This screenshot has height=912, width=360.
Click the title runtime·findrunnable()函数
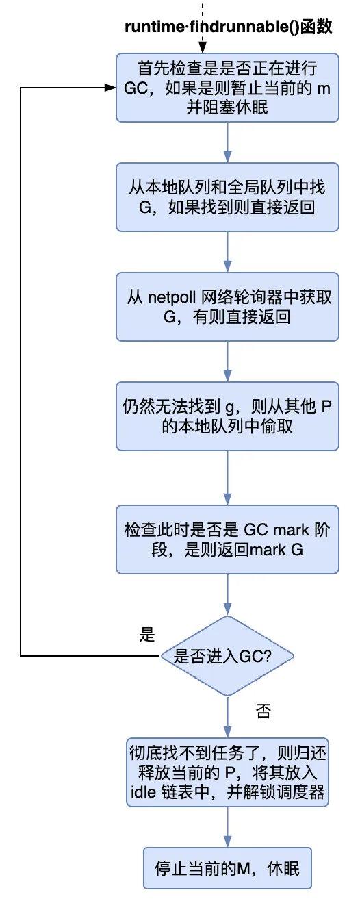227,27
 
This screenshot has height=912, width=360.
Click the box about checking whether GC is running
227,88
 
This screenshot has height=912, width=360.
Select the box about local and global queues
227,197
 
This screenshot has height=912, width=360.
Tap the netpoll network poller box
227,306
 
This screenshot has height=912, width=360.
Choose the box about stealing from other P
227,416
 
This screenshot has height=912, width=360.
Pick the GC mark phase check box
227,540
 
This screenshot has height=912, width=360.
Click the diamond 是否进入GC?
227,655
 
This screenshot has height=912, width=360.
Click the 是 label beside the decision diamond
147,634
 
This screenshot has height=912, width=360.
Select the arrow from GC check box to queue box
227,142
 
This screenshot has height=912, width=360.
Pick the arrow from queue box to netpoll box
227,252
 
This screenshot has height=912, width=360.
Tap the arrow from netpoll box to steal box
227,361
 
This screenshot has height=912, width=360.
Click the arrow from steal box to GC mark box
227,477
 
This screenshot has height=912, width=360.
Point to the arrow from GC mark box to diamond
227,594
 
